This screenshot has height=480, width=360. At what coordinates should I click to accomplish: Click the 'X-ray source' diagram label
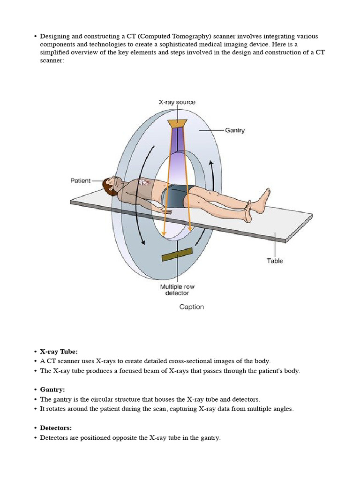click(x=177, y=102)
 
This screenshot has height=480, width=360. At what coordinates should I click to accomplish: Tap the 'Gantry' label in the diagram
click(x=234, y=130)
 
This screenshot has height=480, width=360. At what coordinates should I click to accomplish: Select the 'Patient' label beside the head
click(x=80, y=180)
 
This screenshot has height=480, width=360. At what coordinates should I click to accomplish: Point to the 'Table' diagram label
click(x=275, y=261)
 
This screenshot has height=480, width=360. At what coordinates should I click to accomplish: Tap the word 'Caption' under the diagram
click(x=192, y=307)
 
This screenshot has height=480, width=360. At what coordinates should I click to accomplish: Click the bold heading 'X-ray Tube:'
click(x=59, y=352)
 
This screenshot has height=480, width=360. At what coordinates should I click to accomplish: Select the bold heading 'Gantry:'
click(x=52, y=390)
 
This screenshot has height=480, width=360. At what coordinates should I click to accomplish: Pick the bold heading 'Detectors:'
click(x=56, y=428)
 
